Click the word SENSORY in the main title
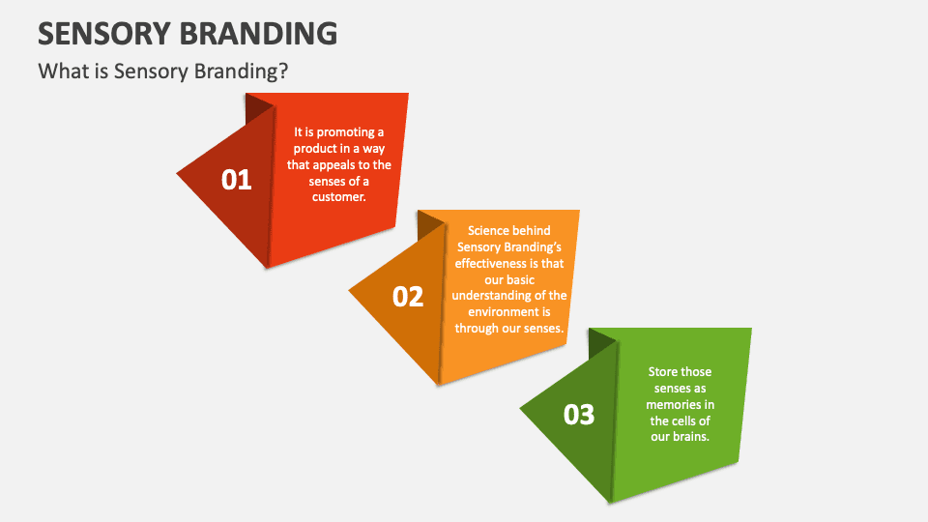pyautogui.click(x=104, y=33)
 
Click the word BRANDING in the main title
pyautogui.click(x=259, y=33)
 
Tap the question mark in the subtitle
pyautogui.click(x=283, y=71)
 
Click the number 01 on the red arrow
pyautogui.click(x=236, y=180)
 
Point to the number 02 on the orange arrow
pyautogui.click(x=408, y=297)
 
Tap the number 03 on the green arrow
pyautogui.click(x=579, y=415)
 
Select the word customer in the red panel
pyautogui.click(x=337, y=196)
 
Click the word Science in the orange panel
pyautogui.click(x=487, y=230)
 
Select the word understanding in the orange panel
pyautogui.click(x=493, y=296)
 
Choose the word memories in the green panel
pyautogui.click(x=672, y=404)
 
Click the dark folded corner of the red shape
pyautogui.click(x=257, y=106)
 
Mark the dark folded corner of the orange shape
pyautogui.click(x=429, y=224)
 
